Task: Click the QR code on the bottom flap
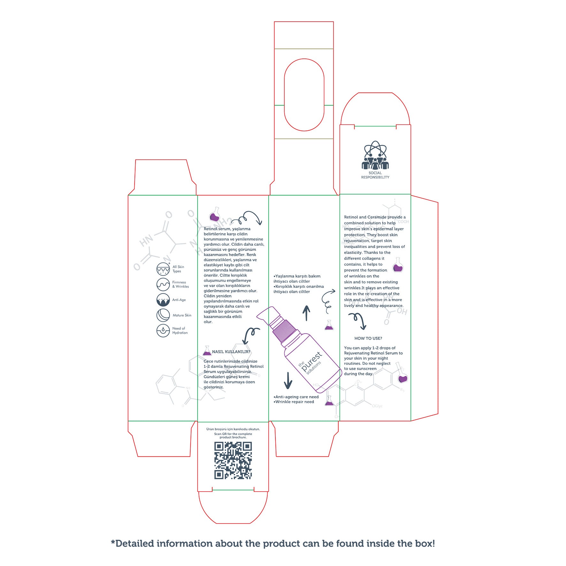[233, 460]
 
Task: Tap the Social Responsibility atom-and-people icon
[375, 156]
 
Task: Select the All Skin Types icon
[163, 269]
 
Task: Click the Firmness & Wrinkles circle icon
[163, 284]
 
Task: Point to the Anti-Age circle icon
[163, 300]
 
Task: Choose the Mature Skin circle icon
[163, 315]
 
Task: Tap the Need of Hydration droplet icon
[163, 331]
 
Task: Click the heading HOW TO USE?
[368, 338]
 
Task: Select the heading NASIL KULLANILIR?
[231, 352]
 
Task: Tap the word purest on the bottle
[311, 361]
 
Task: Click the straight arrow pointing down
[288, 380]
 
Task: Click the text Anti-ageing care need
[297, 397]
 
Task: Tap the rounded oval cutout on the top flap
[304, 95]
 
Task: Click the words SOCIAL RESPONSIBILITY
[375, 175]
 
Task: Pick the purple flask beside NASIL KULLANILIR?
[207, 351]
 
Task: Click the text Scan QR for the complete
[233, 434]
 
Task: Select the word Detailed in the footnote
[134, 543]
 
